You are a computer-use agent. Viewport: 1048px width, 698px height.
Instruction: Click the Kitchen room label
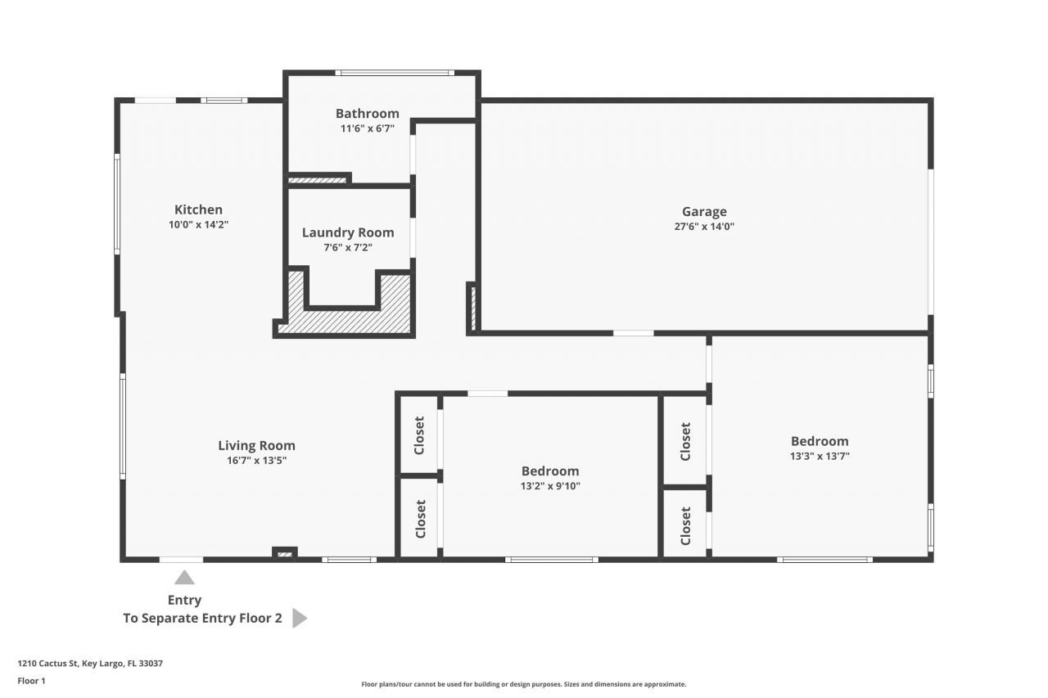tap(198, 209)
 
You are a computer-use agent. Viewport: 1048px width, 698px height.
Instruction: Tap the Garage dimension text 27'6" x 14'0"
tap(704, 227)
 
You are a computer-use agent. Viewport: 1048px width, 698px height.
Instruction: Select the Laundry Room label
tap(348, 232)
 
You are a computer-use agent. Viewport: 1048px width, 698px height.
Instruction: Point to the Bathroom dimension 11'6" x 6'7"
tap(368, 128)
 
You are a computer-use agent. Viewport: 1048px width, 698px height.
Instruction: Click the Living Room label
tap(256, 446)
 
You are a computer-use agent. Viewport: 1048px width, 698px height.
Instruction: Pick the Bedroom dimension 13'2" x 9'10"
tap(550, 486)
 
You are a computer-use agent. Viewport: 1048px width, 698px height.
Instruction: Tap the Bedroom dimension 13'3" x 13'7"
tap(820, 457)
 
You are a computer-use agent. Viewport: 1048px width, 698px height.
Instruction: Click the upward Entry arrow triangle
tap(184, 578)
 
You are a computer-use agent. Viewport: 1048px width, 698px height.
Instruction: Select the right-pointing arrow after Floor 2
tap(299, 618)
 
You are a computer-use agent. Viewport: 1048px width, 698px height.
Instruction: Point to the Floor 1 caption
tap(32, 681)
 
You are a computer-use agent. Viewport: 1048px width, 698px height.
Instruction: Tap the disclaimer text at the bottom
tap(524, 684)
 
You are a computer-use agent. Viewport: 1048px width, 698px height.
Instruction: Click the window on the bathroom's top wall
tap(395, 73)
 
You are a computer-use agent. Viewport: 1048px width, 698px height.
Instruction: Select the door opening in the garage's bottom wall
tap(633, 333)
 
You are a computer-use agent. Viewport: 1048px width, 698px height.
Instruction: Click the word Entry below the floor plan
tap(184, 600)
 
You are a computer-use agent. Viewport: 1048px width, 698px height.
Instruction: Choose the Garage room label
tap(704, 212)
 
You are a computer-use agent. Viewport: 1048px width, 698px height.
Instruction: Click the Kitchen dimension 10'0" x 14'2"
tap(198, 224)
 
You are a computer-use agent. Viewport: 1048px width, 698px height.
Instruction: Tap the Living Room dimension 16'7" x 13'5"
tap(256, 461)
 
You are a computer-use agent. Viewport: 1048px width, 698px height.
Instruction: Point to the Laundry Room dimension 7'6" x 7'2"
tap(348, 247)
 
